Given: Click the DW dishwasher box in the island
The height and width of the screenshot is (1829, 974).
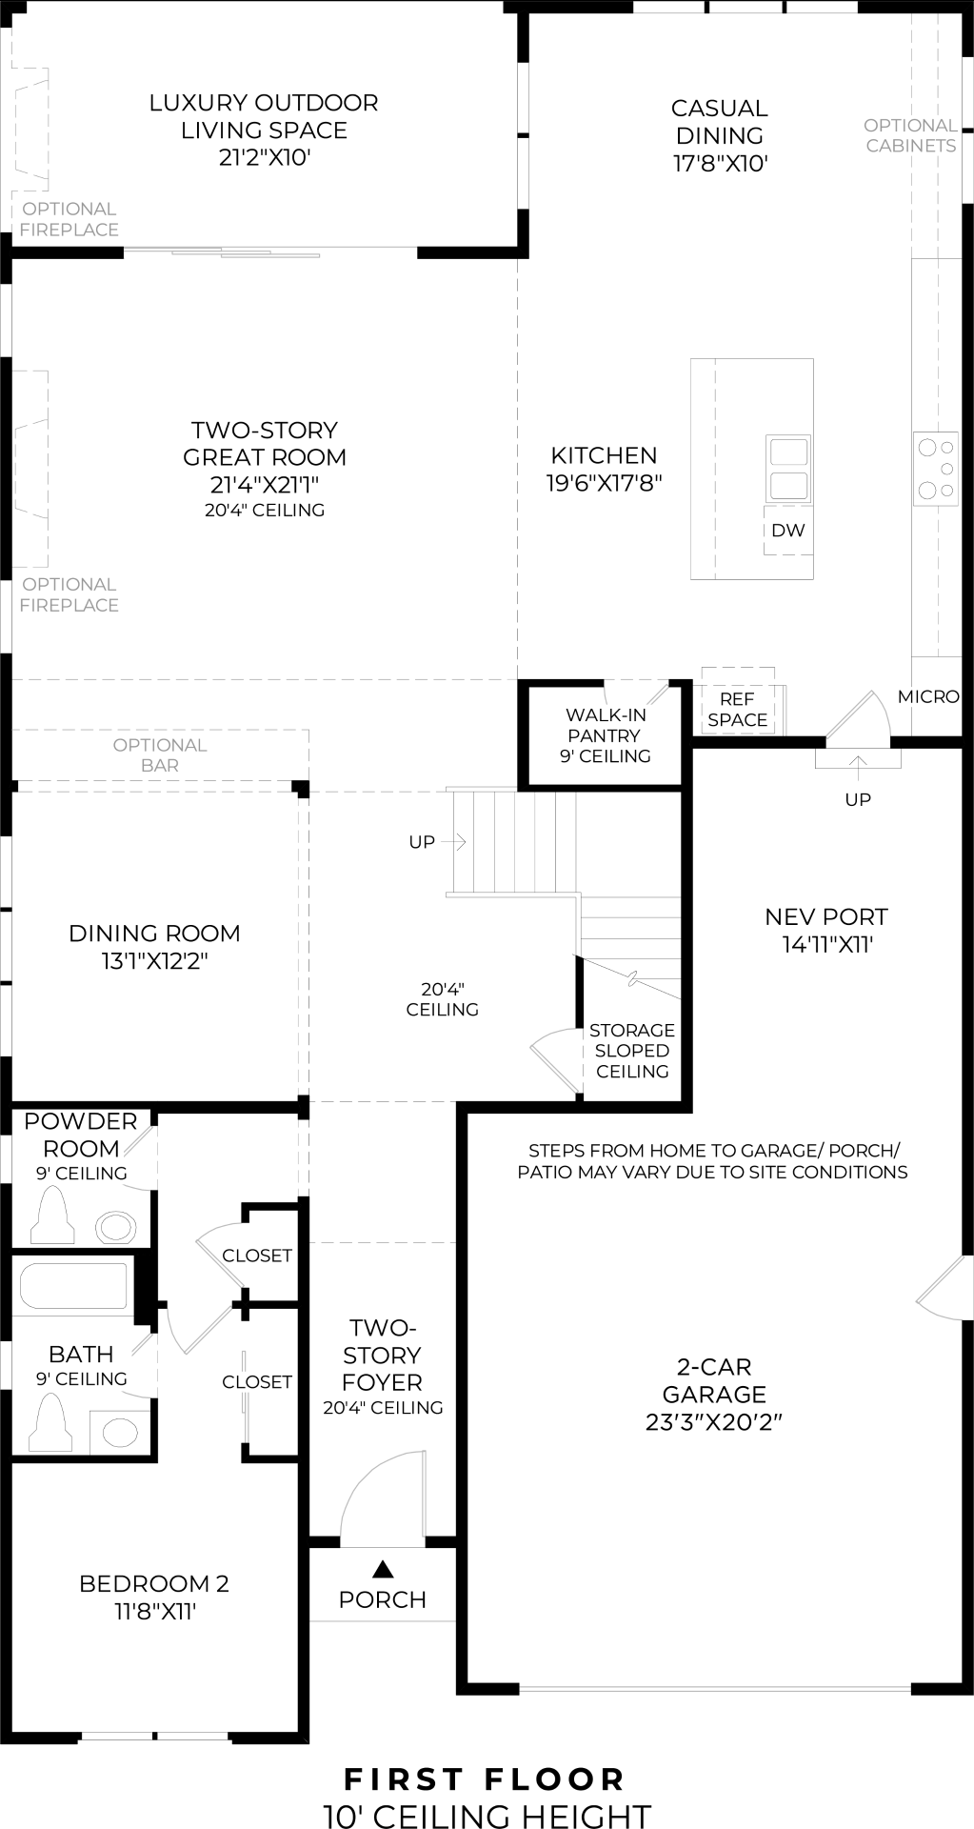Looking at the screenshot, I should click(787, 531).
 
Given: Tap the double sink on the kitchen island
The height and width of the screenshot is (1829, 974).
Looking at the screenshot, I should click(788, 468).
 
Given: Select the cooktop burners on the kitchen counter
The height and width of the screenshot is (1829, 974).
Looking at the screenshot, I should click(935, 468).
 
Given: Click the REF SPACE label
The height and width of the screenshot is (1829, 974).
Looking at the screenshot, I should click(737, 710).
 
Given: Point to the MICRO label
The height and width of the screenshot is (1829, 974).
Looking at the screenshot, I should click(928, 696).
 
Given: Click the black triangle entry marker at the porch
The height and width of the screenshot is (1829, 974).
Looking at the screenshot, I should click(383, 1568).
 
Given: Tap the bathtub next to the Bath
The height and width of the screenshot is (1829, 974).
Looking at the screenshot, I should click(73, 1286).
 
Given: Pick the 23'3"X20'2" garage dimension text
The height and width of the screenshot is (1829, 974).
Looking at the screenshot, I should click(714, 1421).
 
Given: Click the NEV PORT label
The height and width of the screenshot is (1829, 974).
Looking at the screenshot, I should click(825, 916).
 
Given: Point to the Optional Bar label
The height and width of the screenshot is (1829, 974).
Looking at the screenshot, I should click(160, 754).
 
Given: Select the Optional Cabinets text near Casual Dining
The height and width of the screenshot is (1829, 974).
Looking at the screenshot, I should click(910, 135).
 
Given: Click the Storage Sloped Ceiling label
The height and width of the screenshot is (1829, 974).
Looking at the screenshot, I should click(631, 1050).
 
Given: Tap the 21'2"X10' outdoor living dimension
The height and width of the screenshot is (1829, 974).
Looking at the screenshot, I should click(265, 157).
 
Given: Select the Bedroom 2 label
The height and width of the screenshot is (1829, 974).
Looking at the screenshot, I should click(153, 1583).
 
